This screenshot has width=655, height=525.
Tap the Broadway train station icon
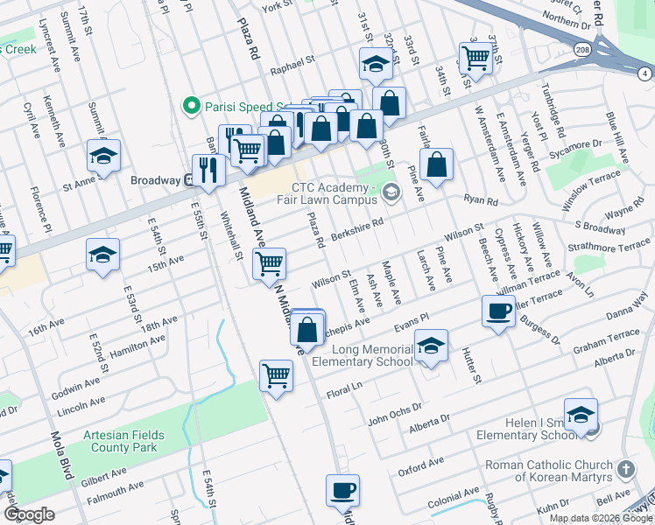188,180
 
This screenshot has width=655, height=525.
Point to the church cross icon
625,470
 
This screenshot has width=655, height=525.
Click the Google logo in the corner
29,514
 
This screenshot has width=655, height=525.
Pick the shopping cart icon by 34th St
475,58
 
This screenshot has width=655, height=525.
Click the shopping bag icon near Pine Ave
436,164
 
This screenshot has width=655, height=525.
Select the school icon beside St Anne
103,157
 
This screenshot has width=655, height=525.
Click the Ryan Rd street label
481,201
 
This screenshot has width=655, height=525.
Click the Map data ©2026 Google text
601,518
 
